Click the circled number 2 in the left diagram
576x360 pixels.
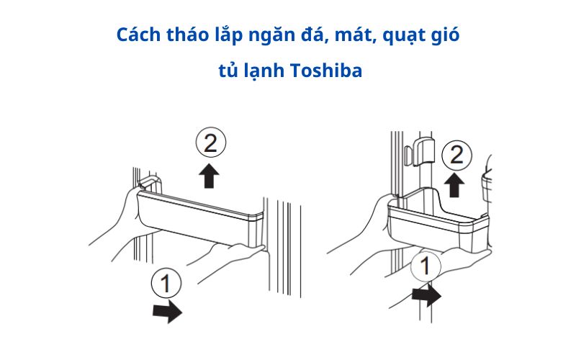[210, 144]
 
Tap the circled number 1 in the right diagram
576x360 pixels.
[426, 267]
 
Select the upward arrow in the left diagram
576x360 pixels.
[210, 176]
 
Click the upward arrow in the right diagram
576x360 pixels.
[454, 184]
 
